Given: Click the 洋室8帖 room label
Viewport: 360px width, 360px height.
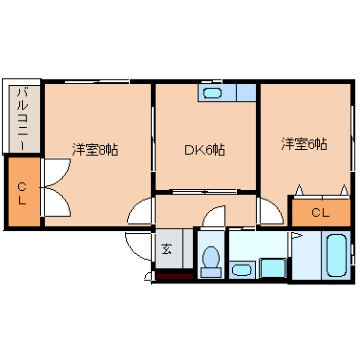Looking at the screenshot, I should click(94, 149).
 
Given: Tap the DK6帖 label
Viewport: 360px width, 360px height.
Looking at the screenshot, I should click(204, 149).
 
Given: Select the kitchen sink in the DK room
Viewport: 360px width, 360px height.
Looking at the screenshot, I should click(213, 93).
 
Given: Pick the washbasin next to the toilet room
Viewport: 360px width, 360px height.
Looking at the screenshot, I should click(242, 269).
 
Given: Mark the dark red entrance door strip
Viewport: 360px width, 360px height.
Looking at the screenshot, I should click(173, 277).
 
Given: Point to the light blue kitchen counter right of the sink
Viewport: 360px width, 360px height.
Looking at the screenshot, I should click(243, 93).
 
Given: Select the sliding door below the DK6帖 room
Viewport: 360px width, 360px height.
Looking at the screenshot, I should click(204, 192).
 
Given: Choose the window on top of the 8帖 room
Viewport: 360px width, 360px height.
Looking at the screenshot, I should click(95, 83).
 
